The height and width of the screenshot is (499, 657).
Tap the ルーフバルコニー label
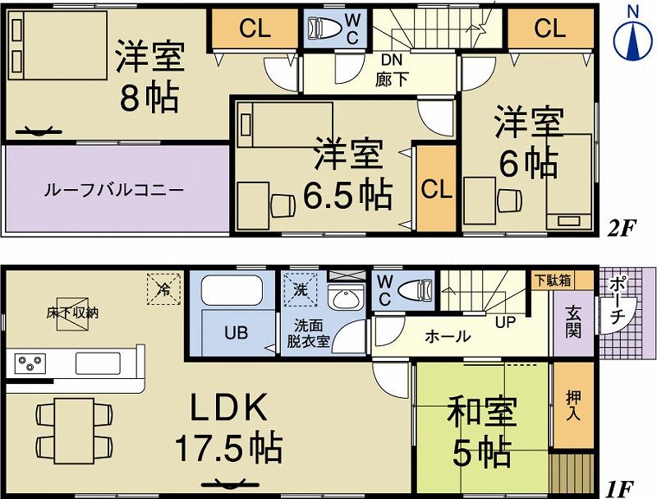113,191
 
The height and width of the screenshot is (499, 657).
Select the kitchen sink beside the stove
99,363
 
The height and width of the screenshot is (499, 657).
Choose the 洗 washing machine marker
301,289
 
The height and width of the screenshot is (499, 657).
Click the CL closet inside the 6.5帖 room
435,188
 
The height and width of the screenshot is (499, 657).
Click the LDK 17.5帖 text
227,427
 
